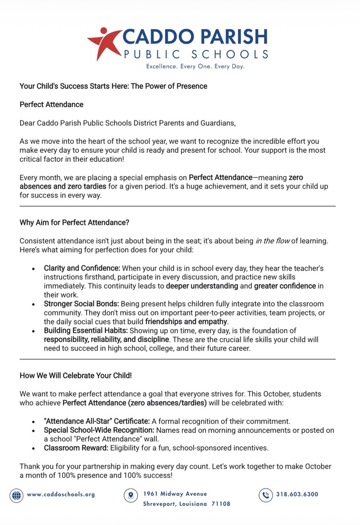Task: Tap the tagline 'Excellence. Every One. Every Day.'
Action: point(195,67)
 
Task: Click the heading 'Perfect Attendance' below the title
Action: point(51,105)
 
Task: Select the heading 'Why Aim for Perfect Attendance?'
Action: point(74,223)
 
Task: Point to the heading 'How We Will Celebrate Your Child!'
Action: point(76,375)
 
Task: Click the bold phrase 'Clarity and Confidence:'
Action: point(82,268)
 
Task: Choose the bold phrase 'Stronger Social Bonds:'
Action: point(81,304)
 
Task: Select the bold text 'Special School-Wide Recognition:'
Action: point(99,430)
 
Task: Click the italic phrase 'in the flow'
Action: point(272,241)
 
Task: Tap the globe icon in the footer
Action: point(16,495)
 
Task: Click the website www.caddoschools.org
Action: point(61,495)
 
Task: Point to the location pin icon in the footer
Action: point(131,495)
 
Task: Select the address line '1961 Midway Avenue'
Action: point(175,494)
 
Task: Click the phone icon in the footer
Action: point(265,495)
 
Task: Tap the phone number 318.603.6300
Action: point(297,495)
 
